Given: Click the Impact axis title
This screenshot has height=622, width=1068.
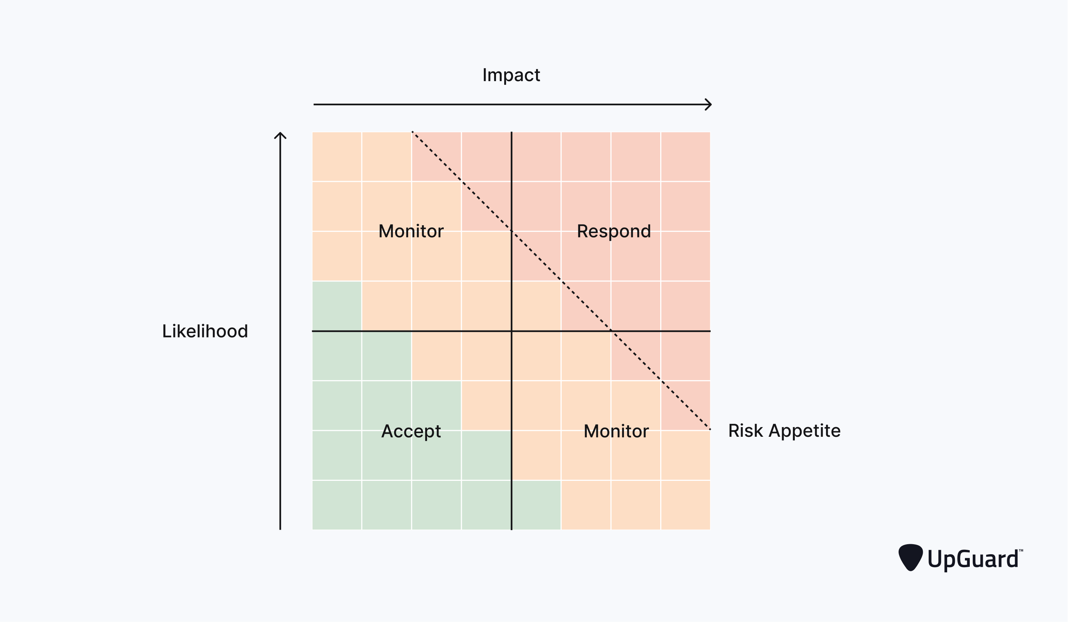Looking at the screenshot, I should (x=511, y=75).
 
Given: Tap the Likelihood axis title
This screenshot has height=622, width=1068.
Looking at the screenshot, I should (x=205, y=331).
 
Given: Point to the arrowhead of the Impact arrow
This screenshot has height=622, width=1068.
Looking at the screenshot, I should (x=708, y=104).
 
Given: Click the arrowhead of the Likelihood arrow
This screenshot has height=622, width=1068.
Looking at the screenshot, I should (x=280, y=136).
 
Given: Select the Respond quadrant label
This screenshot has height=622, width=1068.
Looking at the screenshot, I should (x=613, y=231).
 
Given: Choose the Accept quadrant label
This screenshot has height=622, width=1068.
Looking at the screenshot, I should (x=411, y=431).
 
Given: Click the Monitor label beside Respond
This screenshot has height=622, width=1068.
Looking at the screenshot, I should (x=411, y=231).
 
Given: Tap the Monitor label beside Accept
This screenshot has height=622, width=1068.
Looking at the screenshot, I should (x=616, y=431).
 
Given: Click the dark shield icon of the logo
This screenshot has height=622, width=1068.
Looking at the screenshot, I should (x=910, y=557).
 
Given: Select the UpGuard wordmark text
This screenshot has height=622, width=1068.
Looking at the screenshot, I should (x=973, y=559).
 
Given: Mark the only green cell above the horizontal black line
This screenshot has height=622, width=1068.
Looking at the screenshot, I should (x=337, y=306).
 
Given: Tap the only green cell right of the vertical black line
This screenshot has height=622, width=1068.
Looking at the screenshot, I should (x=536, y=505).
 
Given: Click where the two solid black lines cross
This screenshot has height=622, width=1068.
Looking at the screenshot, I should (x=512, y=331).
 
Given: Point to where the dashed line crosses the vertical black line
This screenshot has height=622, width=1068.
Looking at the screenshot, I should (x=512, y=231).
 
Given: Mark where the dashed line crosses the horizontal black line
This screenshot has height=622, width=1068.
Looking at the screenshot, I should (x=611, y=331).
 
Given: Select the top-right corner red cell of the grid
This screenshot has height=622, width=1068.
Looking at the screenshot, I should (x=685, y=157).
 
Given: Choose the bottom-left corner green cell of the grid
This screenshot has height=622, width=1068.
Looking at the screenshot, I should (x=337, y=505).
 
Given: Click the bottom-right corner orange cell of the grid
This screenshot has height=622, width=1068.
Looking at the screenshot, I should (x=685, y=505).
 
